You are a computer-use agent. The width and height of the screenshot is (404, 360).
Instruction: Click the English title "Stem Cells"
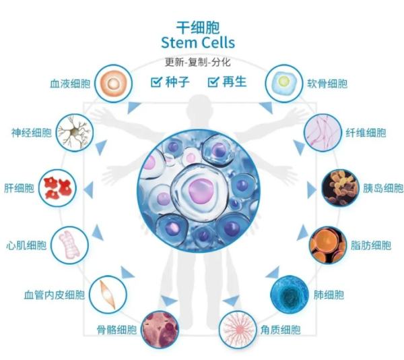(x=198, y=42)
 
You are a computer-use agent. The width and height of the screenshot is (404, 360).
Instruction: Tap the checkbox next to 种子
(x=156, y=82)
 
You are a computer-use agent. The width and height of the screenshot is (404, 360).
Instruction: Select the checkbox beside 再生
(x=213, y=82)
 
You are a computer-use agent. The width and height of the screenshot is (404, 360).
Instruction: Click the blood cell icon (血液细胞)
(x=113, y=84)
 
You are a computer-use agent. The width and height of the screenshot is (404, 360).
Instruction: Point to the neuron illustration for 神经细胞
(x=75, y=133)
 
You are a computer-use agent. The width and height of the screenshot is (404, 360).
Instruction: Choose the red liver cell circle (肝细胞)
(x=57, y=188)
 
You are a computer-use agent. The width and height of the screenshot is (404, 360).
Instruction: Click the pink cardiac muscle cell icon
(x=69, y=245)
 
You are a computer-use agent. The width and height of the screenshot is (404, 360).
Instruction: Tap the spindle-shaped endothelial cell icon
(x=108, y=295)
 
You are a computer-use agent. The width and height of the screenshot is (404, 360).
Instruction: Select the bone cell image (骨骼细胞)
(x=160, y=330)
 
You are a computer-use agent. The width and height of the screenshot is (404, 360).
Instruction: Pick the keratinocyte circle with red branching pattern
(x=238, y=330)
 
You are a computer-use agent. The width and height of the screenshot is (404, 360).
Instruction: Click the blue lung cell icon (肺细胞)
(x=290, y=295)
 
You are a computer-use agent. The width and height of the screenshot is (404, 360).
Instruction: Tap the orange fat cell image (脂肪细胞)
(x=328, y=245)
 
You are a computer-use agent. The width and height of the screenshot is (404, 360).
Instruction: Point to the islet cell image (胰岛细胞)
(x=340, y=188)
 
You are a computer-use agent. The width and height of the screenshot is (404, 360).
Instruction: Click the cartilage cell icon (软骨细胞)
(x=284, y=84)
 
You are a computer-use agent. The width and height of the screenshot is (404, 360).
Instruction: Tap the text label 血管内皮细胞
(x=55, y=295)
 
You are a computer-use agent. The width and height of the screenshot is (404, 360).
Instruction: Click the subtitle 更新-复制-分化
(x=198, y=62)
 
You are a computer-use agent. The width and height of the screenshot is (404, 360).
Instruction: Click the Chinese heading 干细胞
(x=198, y=28)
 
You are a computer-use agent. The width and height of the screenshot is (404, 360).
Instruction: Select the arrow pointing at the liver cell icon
(x=89, y=190)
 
